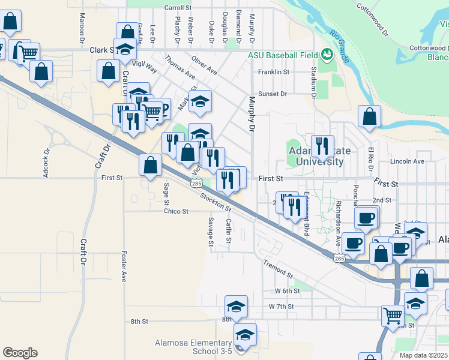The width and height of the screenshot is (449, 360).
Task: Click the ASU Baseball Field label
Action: [283, 55]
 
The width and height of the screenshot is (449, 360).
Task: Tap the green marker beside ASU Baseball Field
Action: [327, 55]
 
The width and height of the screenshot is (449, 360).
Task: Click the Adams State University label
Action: [316, 156]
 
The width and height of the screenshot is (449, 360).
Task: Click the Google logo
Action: [20, 353]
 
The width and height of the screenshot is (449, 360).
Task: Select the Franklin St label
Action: [274, 72]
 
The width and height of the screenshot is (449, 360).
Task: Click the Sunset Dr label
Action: [273, 94]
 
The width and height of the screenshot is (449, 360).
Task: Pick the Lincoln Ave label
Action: [407, 161]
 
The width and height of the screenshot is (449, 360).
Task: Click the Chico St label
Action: [176, 211]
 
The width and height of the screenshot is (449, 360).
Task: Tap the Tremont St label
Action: [278, 269]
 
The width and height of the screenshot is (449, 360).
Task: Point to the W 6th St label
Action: [287, 291]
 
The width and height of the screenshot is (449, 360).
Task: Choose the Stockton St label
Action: [216, 202]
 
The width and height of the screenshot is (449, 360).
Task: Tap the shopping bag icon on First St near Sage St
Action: [150, 165]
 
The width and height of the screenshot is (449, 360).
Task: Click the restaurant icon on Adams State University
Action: [323, 146]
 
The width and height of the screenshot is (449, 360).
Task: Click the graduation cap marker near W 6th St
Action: [236, 305]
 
